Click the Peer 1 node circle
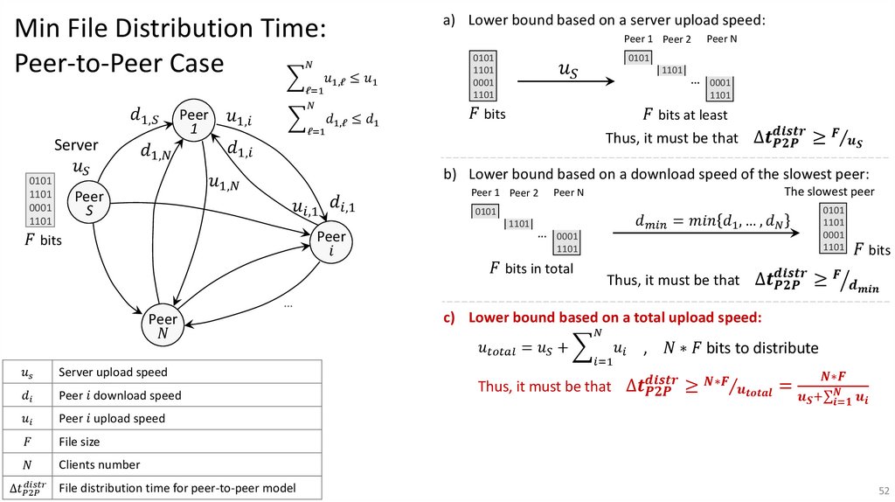click(194, 122)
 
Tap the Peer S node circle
click(90, 204)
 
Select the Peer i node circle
click(332, 244)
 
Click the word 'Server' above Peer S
click(76, 145)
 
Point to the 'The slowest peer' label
click(829, 192)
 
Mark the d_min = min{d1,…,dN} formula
click(703, 223)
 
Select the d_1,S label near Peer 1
click(143, 115)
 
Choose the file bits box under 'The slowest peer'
click(834, 229)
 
